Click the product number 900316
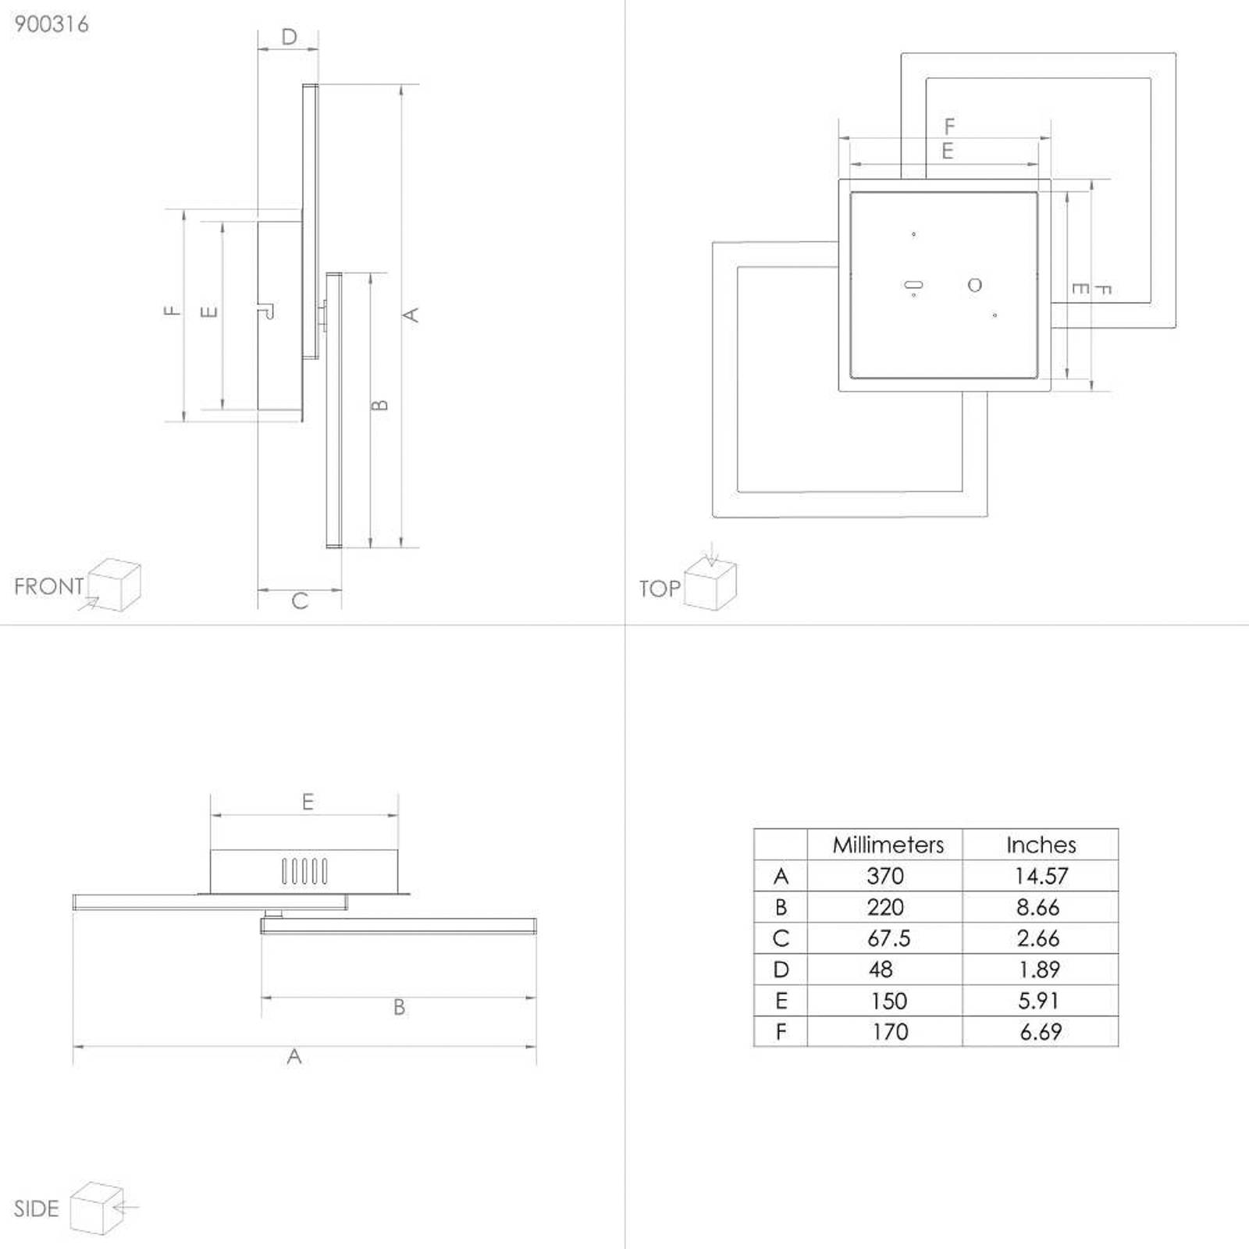click(x=52, y=24)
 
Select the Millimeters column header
click(x=888, y=845)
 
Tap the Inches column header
click(x=1041, y=845)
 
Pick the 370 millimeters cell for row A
click(x=885, y=876)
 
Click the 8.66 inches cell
click(x=1038, y=907)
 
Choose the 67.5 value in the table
click(x=888, y=938)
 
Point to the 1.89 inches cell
click(x=1040, y=970)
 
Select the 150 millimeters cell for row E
click(x=888, y=1001)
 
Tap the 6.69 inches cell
click(x=1041, y=1032)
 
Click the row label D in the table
click(x=781, y=970)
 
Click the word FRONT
click(x=48, y=586)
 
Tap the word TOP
click(x=660, y=589)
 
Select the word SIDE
click(x=36, y=1209)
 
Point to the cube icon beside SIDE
click(x=97, y=1208)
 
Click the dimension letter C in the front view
click(x=300, y=601)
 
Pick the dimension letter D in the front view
click(x=289, y=37)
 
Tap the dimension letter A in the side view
click(x=294, y=1056)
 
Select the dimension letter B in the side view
click(x=399, y=1007)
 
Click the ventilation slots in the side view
click(x=304, y=871)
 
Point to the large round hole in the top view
click(x=974, y=285)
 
